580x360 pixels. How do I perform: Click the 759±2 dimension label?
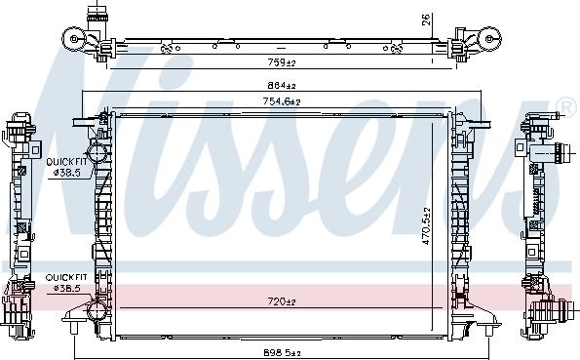pos(282,62)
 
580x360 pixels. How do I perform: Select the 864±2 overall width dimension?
pos(282,86)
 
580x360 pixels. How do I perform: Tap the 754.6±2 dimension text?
pos(282,101)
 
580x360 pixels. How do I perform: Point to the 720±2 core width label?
pos(282,301)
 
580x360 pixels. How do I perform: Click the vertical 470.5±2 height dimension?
pos(427,225)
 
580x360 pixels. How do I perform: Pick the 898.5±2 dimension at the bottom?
pos(282,353)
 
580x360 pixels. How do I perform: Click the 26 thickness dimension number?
pos(427,20)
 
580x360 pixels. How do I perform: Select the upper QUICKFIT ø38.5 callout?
pos(66,167)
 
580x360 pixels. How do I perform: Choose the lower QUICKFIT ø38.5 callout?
pos(66,283)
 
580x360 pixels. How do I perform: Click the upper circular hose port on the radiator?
pos(97,152)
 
